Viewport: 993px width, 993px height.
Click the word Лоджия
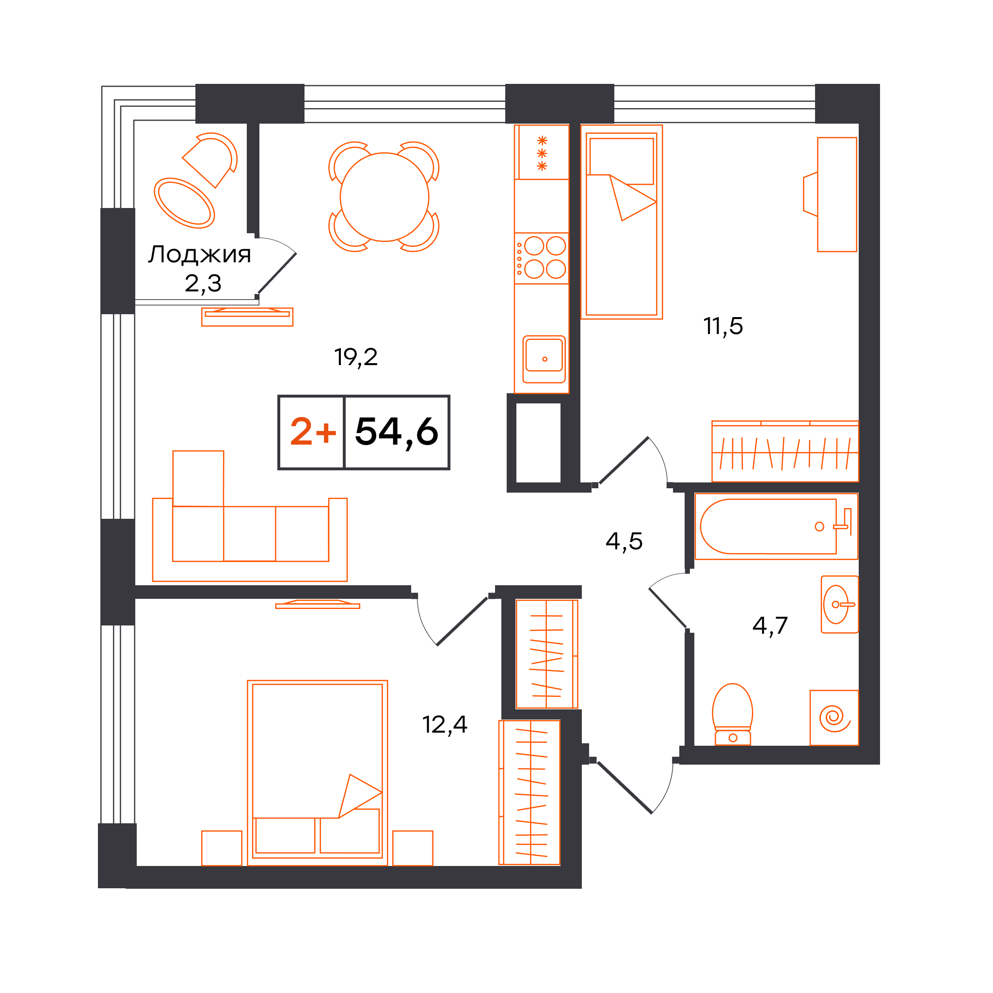coord(199,255)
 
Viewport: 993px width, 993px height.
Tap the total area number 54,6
coord(396,432)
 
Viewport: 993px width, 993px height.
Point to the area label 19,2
coord(356,357)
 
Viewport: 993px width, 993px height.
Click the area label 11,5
coord(722,326)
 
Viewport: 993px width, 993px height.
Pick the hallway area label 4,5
coord(624,541)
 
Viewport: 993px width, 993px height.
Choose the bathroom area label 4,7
coord(769,625)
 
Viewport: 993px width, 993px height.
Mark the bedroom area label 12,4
coord(445,725)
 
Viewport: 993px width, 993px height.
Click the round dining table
coord(384,197)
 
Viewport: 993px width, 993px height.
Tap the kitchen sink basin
coord(544,359)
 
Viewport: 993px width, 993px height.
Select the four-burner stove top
coord(541,258)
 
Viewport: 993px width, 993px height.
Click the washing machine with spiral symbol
coord(834,718)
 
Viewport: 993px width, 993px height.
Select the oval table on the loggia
coord(184,203)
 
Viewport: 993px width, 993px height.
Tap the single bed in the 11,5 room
coord(622,222)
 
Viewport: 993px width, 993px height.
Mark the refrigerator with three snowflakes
coord(542,152)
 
